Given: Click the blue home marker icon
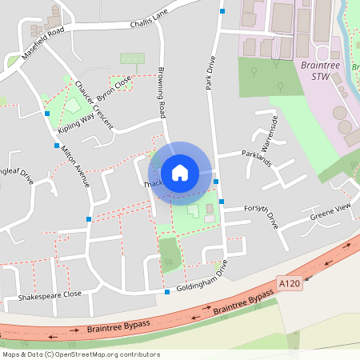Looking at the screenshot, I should click(x=180, y=173).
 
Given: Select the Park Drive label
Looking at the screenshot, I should click(x=211, y=73).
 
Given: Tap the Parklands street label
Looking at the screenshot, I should click(x=257, y=158).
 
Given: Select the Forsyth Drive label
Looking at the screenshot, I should click(x=261, y=215).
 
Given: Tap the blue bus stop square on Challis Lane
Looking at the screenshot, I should click(x=222, y=11).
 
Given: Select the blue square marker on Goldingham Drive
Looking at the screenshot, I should click(x=167, y=292).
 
